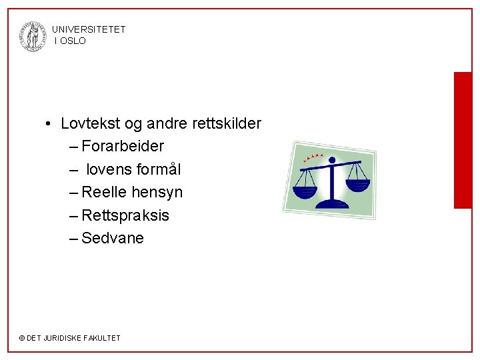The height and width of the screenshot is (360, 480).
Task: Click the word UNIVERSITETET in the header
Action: tap(88, 29)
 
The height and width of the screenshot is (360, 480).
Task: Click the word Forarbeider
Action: tap(123, 146)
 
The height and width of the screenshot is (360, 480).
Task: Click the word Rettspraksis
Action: tap(125, 215)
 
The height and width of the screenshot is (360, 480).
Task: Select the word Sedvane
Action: tap(112, 238)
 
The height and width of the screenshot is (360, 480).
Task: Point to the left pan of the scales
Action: tap(305, 190)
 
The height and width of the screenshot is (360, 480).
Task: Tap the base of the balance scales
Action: tap(331, 203)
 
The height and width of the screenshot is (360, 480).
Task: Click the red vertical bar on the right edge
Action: tap(463, 140)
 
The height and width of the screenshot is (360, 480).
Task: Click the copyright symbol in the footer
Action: tap(21, 338)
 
